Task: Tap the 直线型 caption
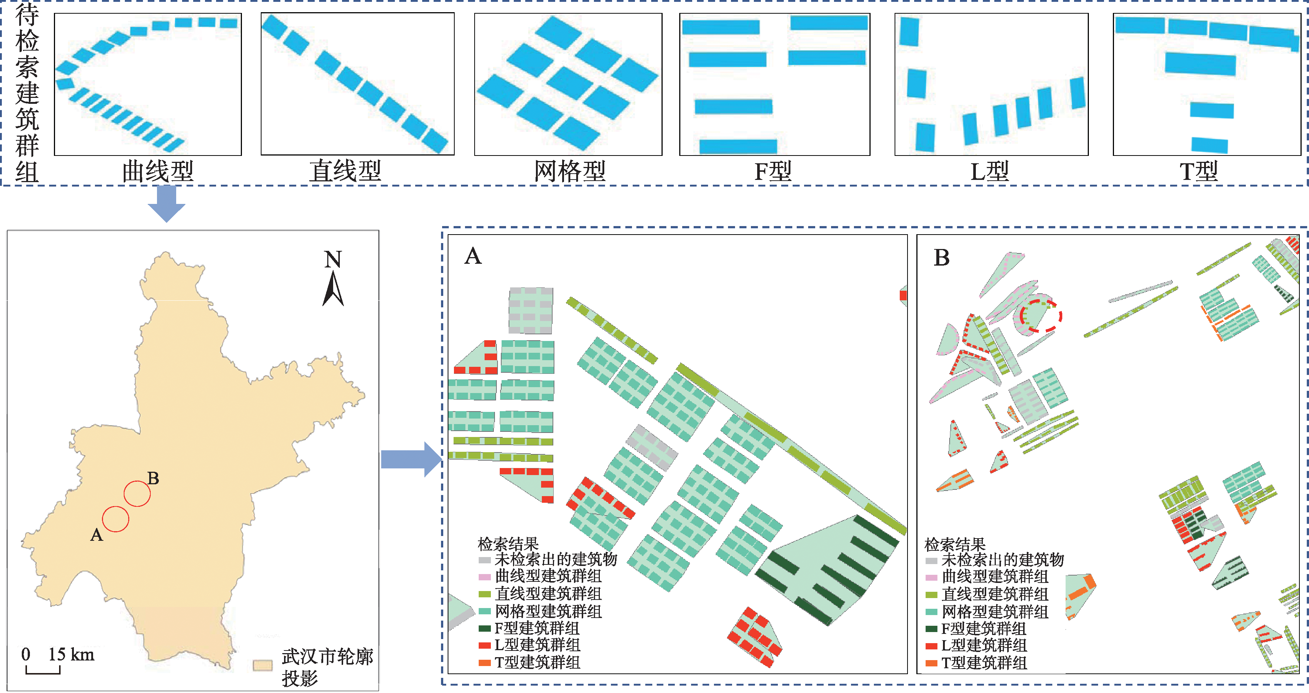click(x=346, y=171)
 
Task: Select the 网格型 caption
click(x=569, y=171)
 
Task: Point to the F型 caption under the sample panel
click(x=773, y=171)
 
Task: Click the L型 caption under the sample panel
click(x=990, y=171)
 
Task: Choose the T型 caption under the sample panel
click(x=1199, y=171)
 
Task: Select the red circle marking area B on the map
click(x=137, y=493)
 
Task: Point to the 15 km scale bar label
click(x=71, y=654)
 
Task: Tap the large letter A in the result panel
click(x=473, y=256)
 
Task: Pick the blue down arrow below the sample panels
click(x=167, y=203)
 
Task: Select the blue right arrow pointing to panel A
click(x=411, y=459)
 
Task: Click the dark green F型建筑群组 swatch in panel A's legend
click(x=485, y=628)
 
